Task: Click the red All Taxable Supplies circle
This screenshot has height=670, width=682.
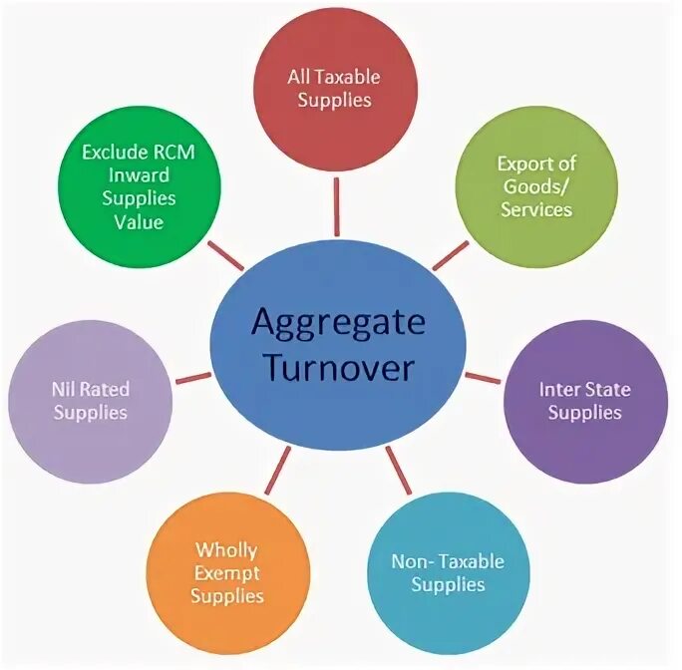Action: (x=335, y=90)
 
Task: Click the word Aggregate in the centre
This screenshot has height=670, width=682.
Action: (x=339, y=323)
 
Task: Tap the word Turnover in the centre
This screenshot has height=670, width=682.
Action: (x=339, y=370)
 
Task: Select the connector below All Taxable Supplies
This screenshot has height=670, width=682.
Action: (x=336, y=193)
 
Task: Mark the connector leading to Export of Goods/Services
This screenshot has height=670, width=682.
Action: (x=450, y=256)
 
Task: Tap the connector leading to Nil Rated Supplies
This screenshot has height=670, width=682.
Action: (x=192, y=379)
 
